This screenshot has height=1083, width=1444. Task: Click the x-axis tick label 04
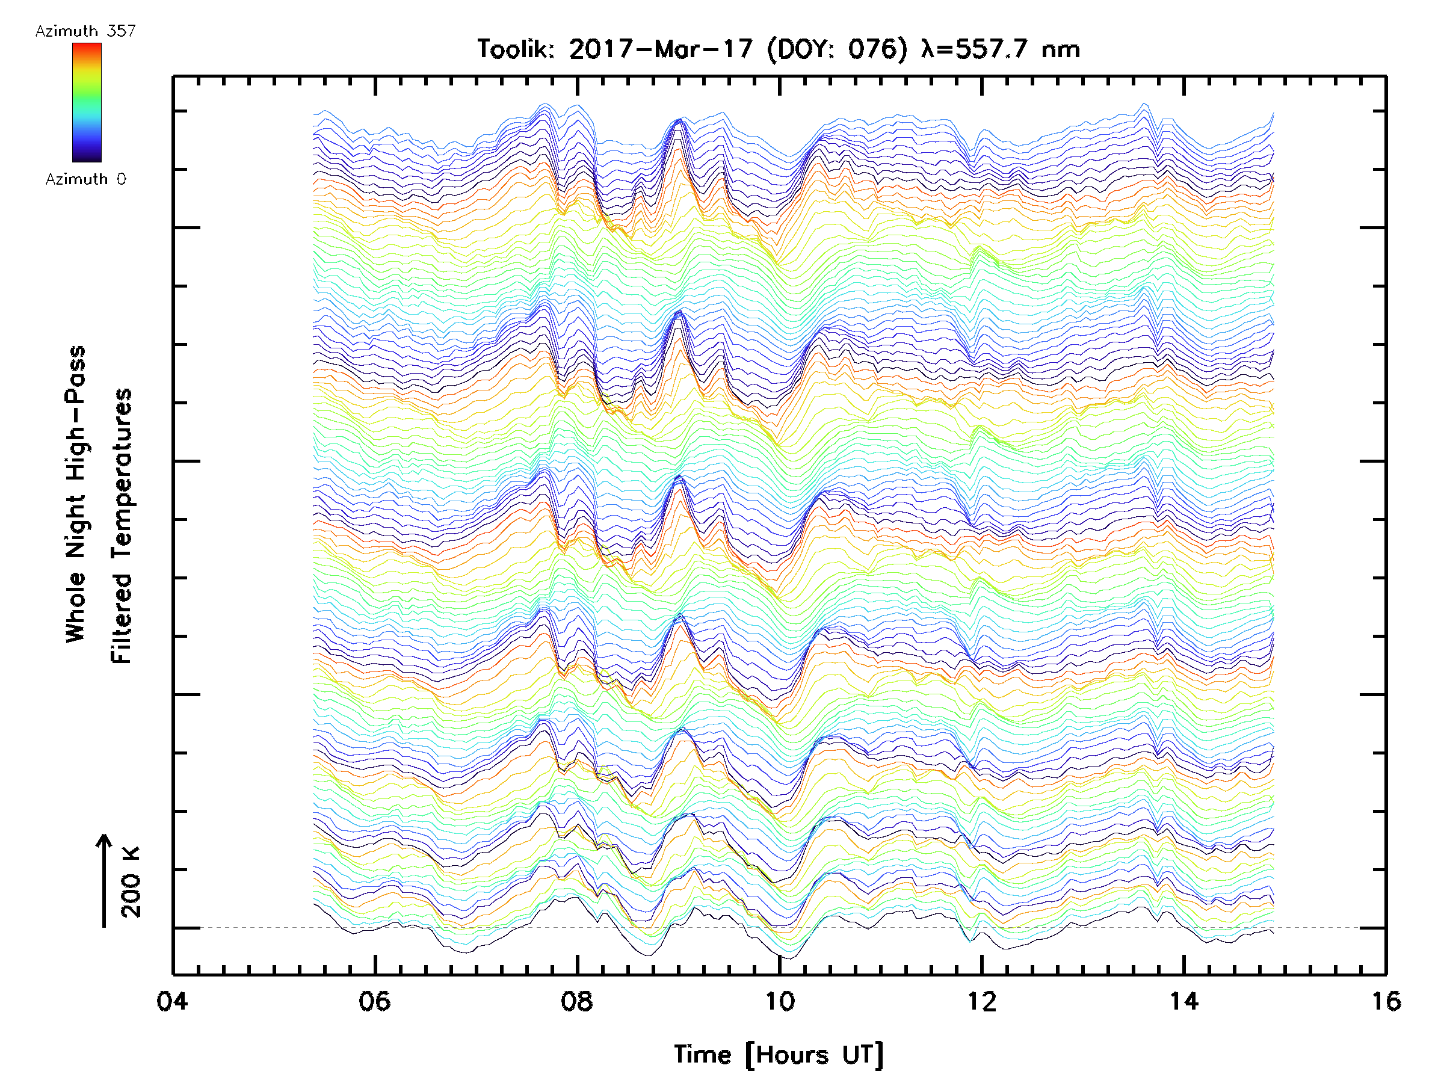[171, 1001]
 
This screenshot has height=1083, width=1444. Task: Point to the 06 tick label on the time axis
[374, 1001]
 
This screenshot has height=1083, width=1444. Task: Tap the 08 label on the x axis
[576, 1001]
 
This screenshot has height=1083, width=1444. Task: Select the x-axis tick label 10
[779, 1001]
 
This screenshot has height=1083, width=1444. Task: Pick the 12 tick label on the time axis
[981, 1001]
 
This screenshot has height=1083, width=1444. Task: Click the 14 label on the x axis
[1183, 1001]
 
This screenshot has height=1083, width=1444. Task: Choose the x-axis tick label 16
[1385, 1001]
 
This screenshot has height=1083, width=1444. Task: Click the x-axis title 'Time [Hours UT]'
[778, 1055]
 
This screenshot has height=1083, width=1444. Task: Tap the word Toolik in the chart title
[515, 49]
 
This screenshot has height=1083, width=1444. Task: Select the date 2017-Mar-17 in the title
[661, 49]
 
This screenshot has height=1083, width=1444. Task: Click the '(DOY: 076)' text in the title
[838, 49]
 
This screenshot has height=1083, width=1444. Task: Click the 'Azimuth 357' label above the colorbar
[85, 31]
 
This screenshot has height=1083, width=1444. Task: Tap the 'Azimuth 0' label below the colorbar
[85, 179]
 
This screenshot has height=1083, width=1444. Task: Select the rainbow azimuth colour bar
[87, 102]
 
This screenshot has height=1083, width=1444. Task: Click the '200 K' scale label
[131, 882]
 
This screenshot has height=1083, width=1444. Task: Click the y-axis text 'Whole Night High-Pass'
[76, 494]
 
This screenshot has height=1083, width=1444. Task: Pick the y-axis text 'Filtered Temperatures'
[122, 526]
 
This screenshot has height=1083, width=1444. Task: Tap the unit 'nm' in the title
[1060, 49]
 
